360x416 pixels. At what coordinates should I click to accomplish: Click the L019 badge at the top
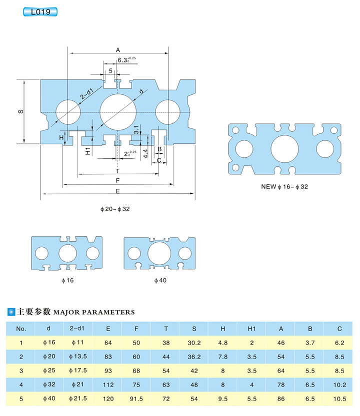[x=40, y=11]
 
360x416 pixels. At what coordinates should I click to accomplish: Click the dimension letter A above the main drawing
[x=118, y=50]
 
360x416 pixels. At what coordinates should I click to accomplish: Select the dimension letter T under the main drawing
[x=117, y=171]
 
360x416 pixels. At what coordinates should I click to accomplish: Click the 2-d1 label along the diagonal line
[x=86, y=93]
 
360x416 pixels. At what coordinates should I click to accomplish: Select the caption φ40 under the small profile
[x=160, y=280]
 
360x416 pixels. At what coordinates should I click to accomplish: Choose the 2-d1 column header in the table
[x=78, y=329]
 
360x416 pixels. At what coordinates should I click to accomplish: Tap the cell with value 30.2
[x=193, y=343]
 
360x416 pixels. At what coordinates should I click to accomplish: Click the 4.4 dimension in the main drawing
[x=145, y=153]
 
